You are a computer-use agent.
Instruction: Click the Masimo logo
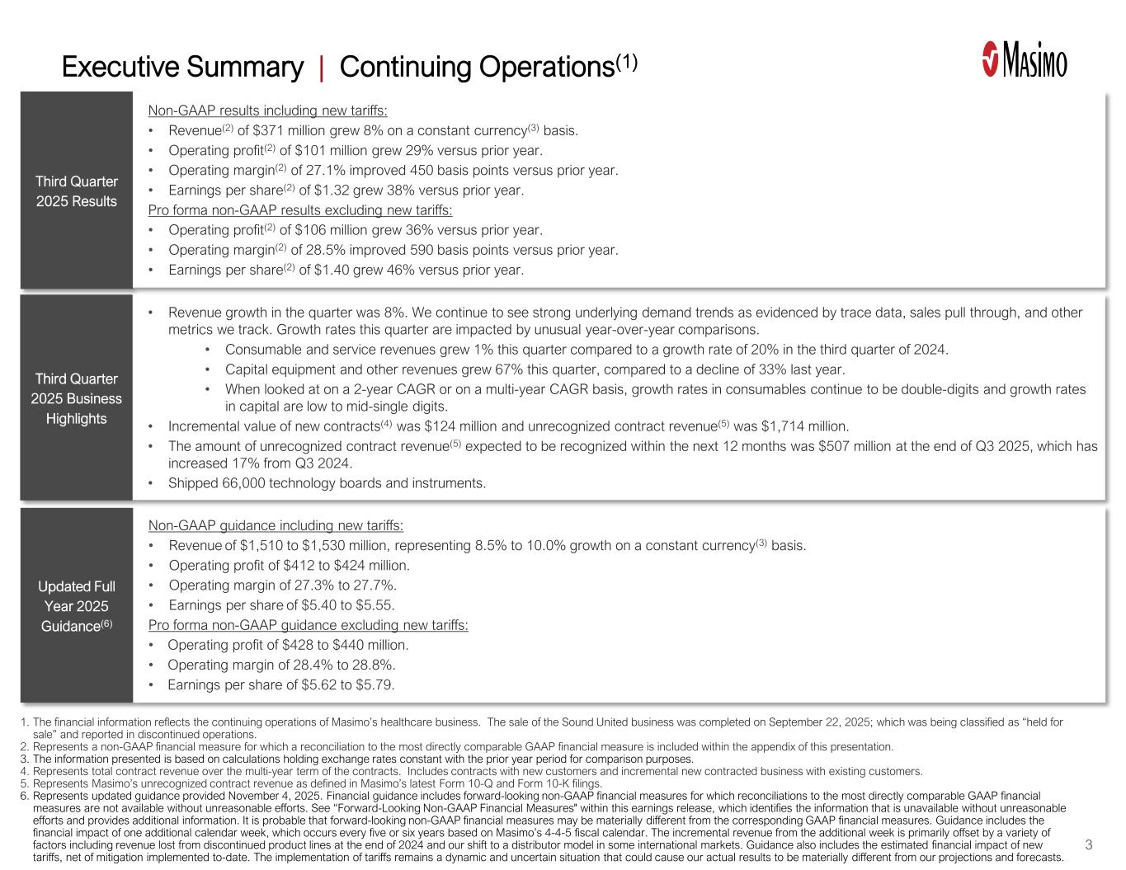(1024, 60)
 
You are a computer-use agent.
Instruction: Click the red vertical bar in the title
(321, 67)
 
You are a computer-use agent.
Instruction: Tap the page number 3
(1089, 844)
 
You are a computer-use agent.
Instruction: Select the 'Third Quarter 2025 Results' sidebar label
(76, 191)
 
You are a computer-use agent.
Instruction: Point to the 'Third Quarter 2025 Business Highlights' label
(76, 398)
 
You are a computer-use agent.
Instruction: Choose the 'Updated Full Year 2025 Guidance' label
(76, 606)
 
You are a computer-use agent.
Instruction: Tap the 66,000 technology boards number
(244, 483)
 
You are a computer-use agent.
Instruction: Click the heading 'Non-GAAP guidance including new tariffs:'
(276, 525)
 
